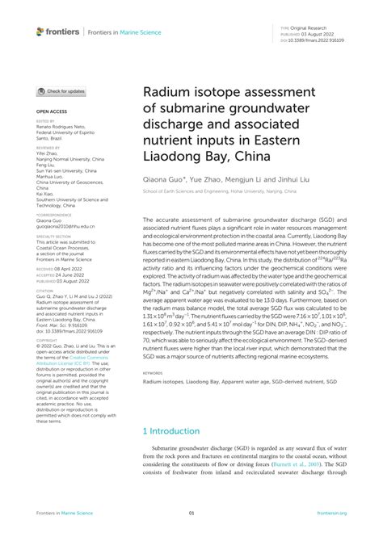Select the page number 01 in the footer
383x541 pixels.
(x=191, y=513)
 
